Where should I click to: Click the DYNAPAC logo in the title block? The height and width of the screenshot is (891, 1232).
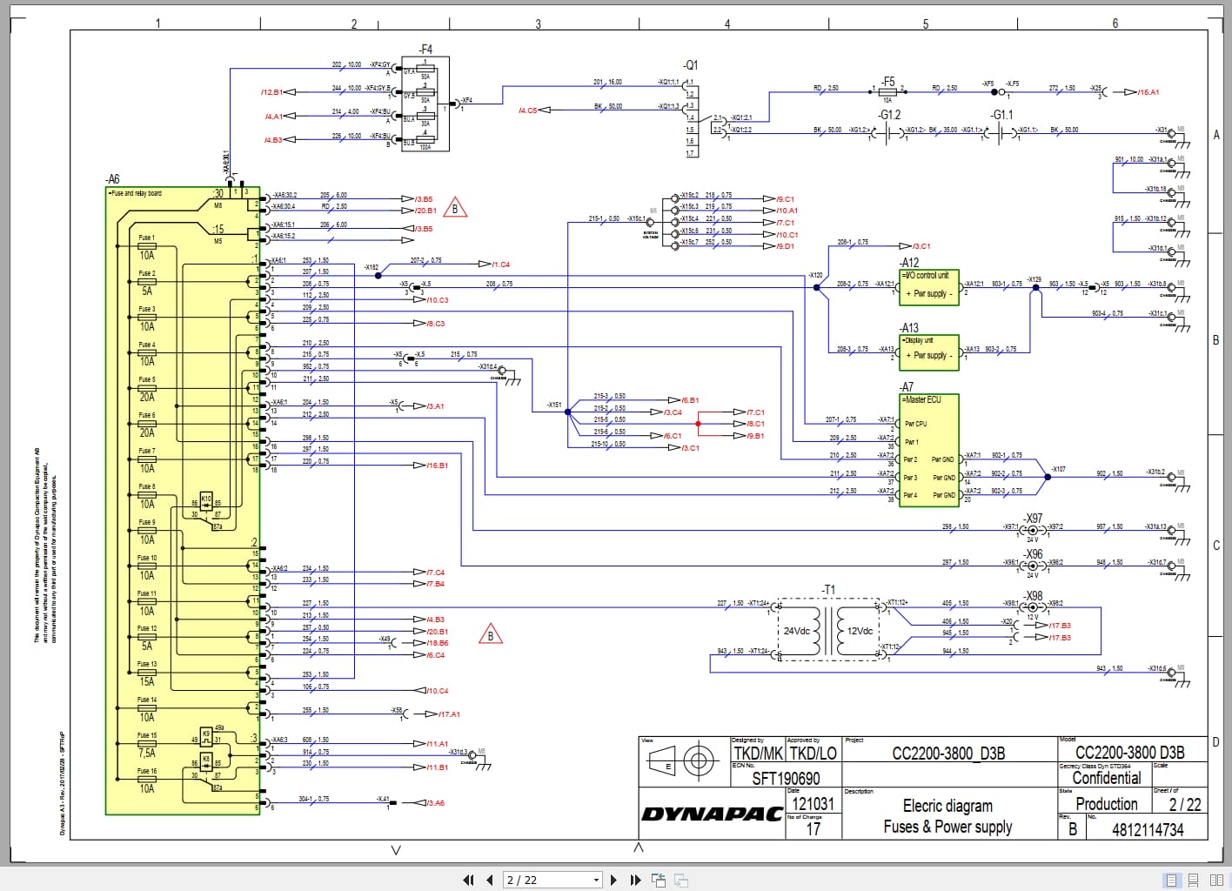tap(712, 814)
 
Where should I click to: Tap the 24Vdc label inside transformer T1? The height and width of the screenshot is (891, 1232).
tap(796, 631)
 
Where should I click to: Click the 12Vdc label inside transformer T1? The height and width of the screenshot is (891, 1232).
tap(860, 631)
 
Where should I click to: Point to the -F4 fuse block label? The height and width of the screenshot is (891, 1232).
tap(425, 50)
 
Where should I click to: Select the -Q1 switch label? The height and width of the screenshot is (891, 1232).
tap(690, 65)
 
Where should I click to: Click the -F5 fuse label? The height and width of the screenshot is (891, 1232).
tap(887, 81)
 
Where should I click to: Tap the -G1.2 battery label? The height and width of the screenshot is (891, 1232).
tap(889, 114)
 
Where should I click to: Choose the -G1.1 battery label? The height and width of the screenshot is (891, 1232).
tap(1001, 114)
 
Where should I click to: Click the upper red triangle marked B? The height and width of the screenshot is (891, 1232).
tap(455, 208)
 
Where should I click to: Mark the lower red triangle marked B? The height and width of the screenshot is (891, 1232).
tap(491, 635)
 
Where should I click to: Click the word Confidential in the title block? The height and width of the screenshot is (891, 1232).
tap(1106, 778)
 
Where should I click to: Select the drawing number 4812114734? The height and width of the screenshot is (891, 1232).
tap(1147, 829)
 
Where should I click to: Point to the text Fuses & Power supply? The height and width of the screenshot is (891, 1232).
tap(947, 827)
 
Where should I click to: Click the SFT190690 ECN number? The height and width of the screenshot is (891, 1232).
tap(786, 778)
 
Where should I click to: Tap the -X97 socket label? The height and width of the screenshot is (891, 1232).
tap(1033, 518)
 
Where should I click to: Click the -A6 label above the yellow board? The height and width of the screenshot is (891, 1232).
tap(112, 179)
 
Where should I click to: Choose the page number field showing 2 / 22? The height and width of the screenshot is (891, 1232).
tap(552, 880)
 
